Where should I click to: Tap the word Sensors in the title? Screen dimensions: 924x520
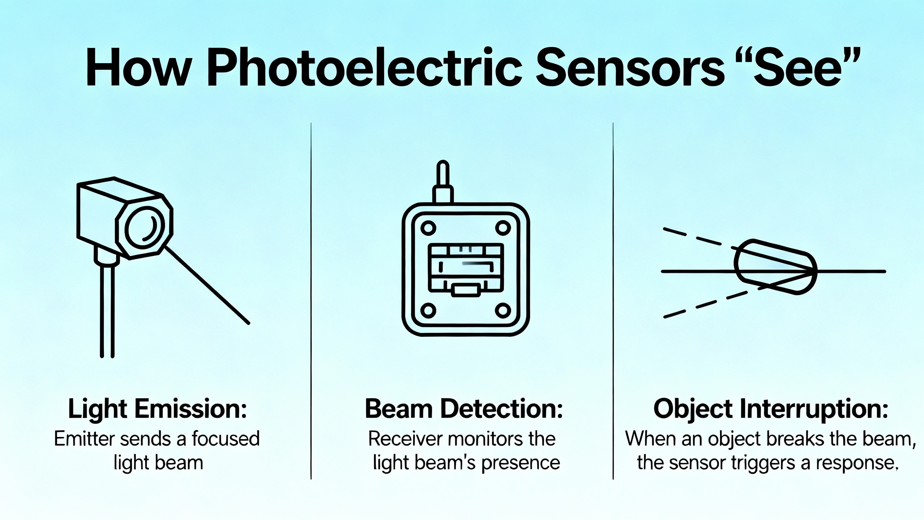(630, 71)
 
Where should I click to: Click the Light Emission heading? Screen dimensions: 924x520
(157, 409)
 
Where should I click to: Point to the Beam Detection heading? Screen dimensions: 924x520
(464, 409)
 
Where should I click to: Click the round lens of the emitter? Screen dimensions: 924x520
(144, 226)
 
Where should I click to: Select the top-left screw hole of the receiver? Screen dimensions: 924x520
(428, 228)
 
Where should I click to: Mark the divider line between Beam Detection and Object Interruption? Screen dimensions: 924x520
(613, 301)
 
